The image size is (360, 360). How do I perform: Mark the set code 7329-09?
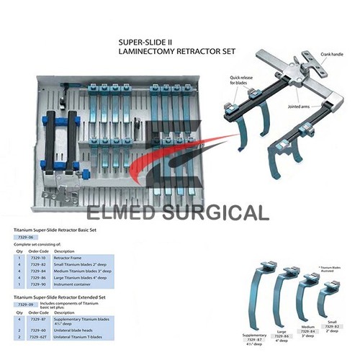click(24, 305)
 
